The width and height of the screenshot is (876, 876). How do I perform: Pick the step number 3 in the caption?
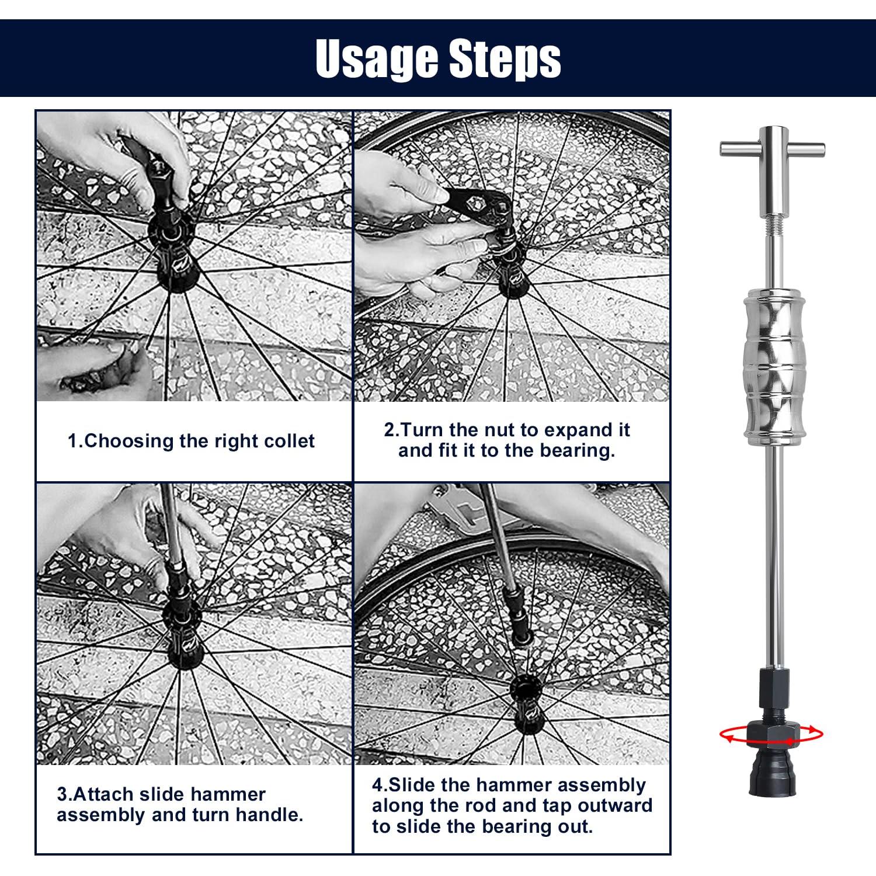click(x=62, y=795)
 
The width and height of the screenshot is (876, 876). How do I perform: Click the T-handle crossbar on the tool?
click(x=773, y=149)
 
